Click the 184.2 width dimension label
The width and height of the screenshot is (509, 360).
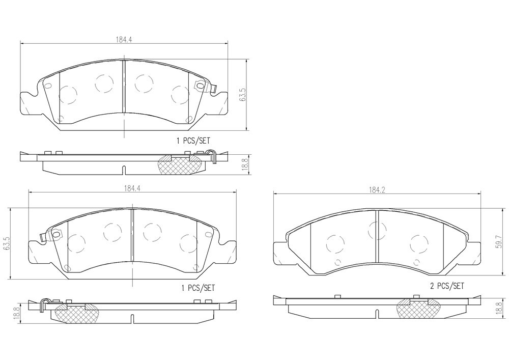pyautogui.click(x=377, y=190)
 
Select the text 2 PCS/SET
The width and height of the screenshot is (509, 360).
pyautogui.click(x=447, y=286)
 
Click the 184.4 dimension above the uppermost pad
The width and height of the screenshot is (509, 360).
pyautogui.click(x=124, y=39)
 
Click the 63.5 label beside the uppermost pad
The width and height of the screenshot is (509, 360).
pyautogui.click(x=242, y=95)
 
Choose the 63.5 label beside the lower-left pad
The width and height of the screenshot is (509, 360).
pyautogui.click(x=4, y=243)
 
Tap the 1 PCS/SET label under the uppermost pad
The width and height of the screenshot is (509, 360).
pyautogui.click(x=193, y=141)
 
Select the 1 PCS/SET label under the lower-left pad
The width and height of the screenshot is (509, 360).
pyautogui.click(x=197, y=288)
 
